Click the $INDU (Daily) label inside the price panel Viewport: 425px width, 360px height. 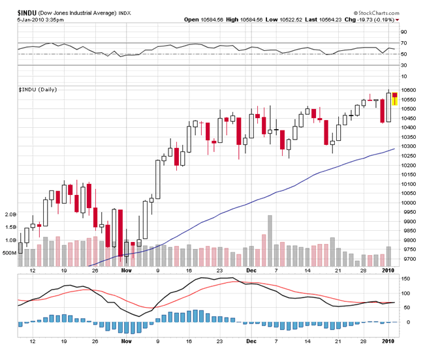[x=38, y=89]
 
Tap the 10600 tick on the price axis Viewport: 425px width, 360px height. [x=409, y=89]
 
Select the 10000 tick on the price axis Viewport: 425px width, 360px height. [x=409, y=202]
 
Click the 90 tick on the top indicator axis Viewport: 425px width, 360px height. [x=404, y=32]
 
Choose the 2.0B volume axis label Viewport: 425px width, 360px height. [x=10, y=214]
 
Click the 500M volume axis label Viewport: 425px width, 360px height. [x=9, y=252]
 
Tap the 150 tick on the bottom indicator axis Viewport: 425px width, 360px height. [x=405, y=278]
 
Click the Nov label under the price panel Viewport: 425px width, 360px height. [x=126, y=269]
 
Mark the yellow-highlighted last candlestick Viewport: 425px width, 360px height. [x=394, y=99]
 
